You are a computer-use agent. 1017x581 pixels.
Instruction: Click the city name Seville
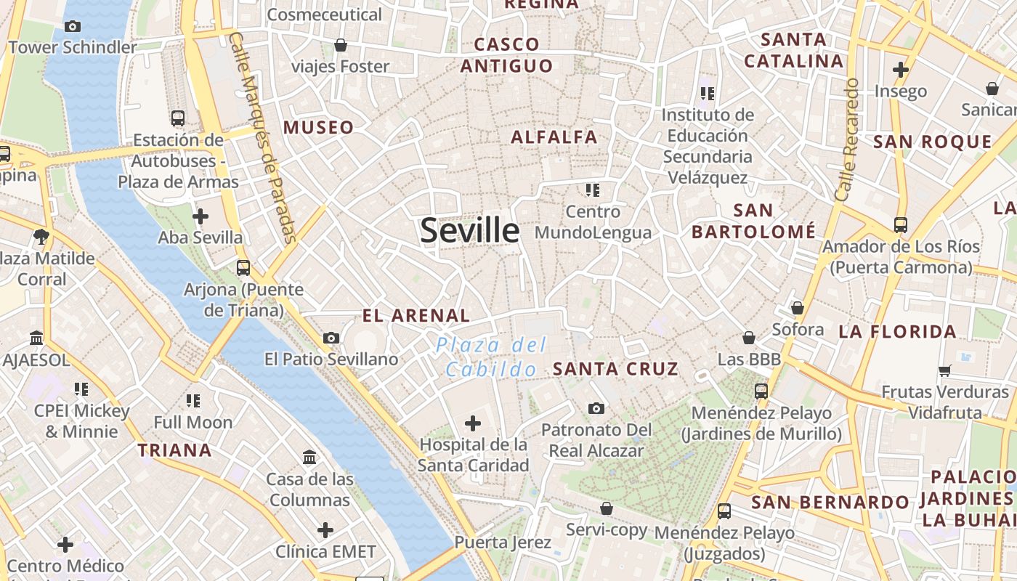click(x=470, y=230)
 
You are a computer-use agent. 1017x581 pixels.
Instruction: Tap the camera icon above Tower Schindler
click(x=73, y=27)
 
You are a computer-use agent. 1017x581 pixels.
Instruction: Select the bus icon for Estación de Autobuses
click(x=177, y=118)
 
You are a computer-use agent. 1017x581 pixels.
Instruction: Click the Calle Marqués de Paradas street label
click(x=263, y=138)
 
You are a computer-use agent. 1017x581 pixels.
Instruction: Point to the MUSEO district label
click(x=319, y=128)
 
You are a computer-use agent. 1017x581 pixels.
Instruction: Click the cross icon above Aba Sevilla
click(x=200, y=216)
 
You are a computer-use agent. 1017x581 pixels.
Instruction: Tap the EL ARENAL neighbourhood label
click(x=416, y=316)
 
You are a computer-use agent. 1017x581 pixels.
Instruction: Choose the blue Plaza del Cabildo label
click(x=491, y=357)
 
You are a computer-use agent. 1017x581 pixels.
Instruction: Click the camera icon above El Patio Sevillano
click(x=331, y=338)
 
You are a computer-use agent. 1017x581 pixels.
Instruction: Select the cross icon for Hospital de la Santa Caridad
click(x=473, y=423)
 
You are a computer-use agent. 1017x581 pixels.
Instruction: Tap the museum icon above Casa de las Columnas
click(x=309, y=458)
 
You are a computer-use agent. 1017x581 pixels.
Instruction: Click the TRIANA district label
click(x=175, y=450)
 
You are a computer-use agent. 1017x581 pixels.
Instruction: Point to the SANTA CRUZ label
click(x=615, y=369)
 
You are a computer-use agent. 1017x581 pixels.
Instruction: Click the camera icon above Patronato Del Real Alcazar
click(x=596, y=408)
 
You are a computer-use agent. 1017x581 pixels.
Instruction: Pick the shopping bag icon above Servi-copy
click(x=606, y=508)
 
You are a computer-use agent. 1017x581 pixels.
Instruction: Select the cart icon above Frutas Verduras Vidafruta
click(x=944, y=370)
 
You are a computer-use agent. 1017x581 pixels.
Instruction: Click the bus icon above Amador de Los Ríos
click(x=901, y=225)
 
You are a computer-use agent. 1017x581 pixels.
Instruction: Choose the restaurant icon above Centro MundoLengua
click(x=593, y=190)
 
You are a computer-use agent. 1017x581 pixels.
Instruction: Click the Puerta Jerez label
click(x=503, y=543)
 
